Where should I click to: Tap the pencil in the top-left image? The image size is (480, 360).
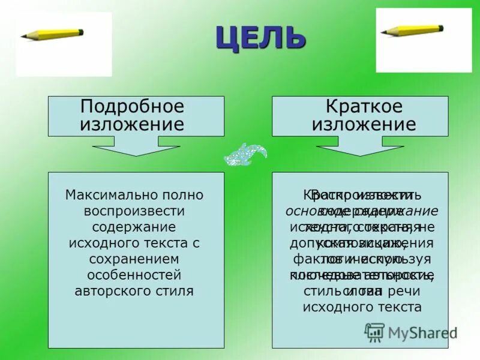coord(52,34)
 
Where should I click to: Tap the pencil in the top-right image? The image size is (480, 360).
coord(412,29)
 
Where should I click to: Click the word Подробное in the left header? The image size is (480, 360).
coord(132,107)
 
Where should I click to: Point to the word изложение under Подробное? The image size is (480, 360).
coord(132,124)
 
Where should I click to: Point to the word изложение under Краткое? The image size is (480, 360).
coord(364,124)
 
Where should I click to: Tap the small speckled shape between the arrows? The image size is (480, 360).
coord(245,155)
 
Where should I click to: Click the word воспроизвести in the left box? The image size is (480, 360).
coord(134,211)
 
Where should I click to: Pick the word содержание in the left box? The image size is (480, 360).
coord(134,227)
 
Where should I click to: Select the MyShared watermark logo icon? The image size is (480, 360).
coord(375,331)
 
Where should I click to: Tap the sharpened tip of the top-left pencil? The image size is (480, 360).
coord(23,38)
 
